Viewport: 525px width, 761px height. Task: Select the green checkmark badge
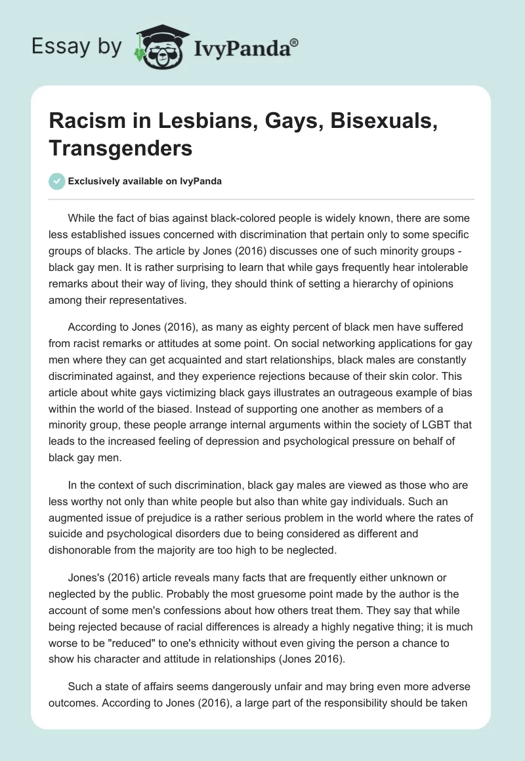[58, 181]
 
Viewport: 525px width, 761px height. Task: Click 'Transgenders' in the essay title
[121, 148]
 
